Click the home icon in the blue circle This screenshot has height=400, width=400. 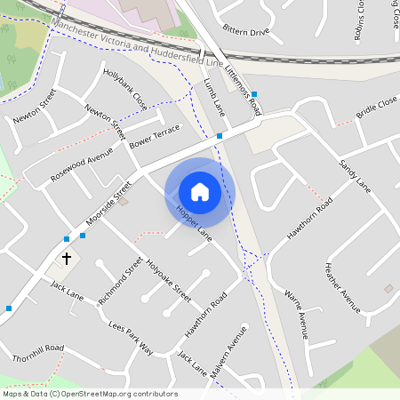[x=200, y=192]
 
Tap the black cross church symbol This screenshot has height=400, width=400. [x=66, y=259]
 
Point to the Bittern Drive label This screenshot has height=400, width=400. [x=245, y=32]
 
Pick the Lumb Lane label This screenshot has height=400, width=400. [x=215, y=99]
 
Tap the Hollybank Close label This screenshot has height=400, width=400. [x=124, y=89]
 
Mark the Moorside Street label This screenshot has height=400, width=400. [x=108, y=204]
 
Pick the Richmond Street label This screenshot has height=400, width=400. [x=121, y=282]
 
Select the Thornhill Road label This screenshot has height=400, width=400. [x=38, y=352]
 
